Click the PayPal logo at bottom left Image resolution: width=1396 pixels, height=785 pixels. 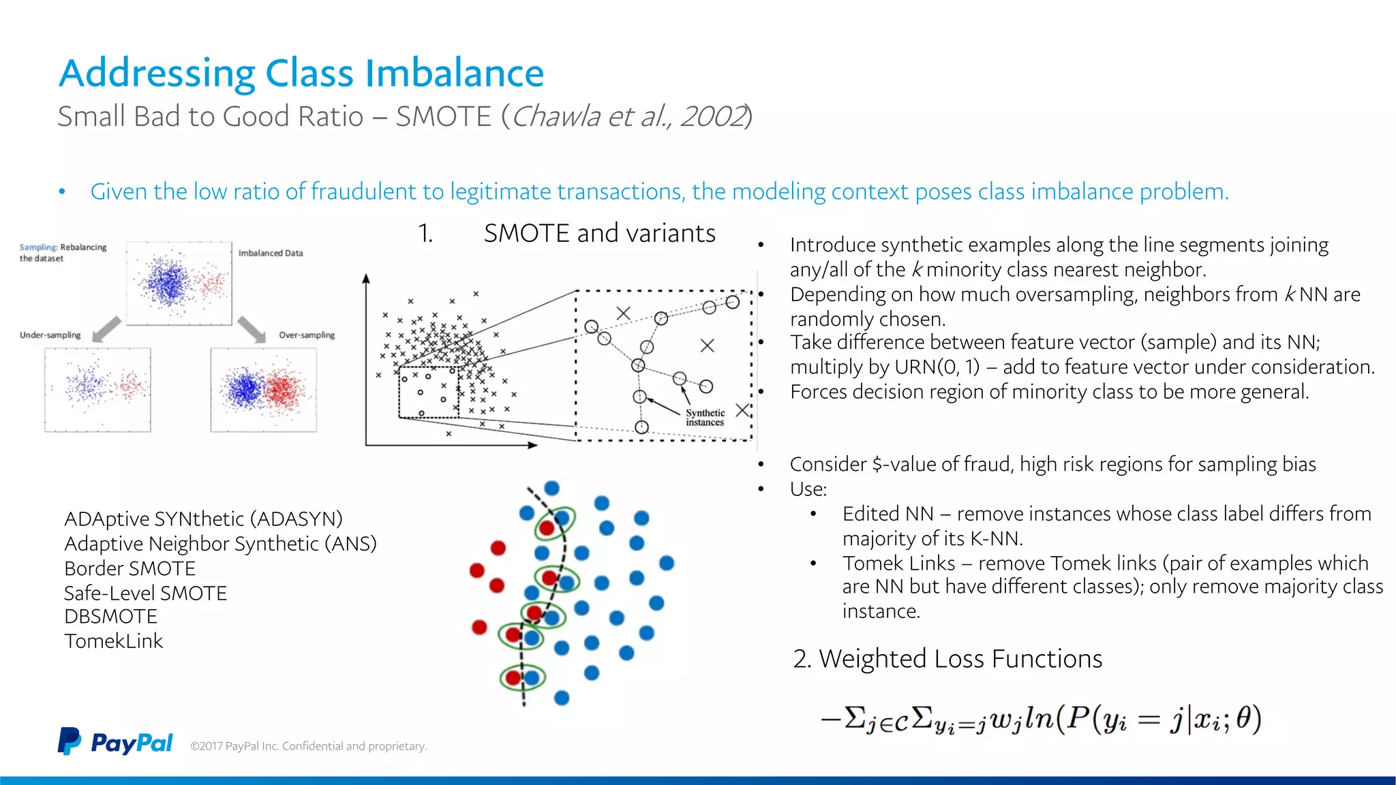pyautogui.click(x=115, y=742)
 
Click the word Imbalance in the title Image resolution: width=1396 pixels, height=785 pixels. pyautogui.click(x=454, y=73)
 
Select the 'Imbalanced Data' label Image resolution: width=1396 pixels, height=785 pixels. pyautogui.click(x=271, y=253)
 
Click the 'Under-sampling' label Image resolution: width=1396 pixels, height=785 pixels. pyautogui.click(x=50, y=335)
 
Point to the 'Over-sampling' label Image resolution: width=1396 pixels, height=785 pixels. pyautogui.click(x=307, y=335)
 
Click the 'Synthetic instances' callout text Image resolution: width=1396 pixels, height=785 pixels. pyautogui.click(x=705, y=418)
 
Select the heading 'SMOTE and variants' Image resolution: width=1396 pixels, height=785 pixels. pyautogui.click(x=599, y=233)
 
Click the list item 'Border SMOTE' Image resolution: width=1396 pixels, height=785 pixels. pyautogui.click(x=130, y=568)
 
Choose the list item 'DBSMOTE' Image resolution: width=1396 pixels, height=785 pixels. pyautogui.click(x=110, y=616)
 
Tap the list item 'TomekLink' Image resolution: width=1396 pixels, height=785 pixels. pyautogui.click(x=114, y=641)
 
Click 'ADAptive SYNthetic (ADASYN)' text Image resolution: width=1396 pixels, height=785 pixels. pyautogui.click(x=203, y=519)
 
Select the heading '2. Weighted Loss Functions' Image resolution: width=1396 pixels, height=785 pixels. pyautogui.click(x=947, y=659)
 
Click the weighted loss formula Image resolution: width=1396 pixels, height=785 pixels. pyautogui.click(x=1041, y=720)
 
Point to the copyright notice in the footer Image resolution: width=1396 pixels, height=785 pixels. pyautogui.click(x=308, y=746)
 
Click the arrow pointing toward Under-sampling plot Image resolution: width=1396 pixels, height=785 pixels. pyautogui.click(x=107, y=328)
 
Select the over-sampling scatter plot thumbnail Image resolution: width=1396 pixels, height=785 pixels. pyautogui.click(x=263, y=390)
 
